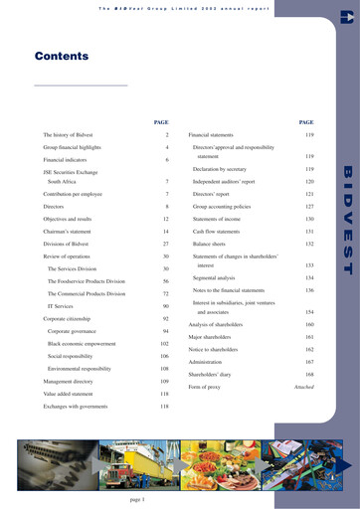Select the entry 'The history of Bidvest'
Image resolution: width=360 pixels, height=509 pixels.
pyautogui.click(x=71, y=133)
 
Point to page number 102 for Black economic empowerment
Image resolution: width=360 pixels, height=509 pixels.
pyautogui.click(x=164, y=343)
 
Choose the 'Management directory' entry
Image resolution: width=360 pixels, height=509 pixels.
pyautogui.click(x=71, y=381)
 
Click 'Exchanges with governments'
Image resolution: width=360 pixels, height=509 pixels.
pyautogui.click(x=77, y=406)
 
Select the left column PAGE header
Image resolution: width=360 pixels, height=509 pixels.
pyautogui.click(x=161, y=121)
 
